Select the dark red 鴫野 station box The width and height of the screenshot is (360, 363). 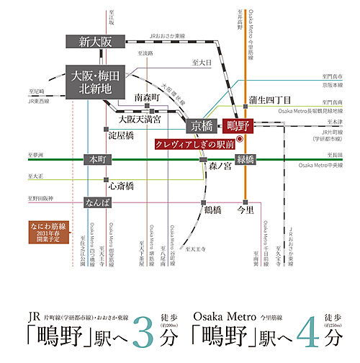[x=235, y=125]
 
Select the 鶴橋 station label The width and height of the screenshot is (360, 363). [x=212, y=210]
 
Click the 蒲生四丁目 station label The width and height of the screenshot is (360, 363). [x=269, y=99]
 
